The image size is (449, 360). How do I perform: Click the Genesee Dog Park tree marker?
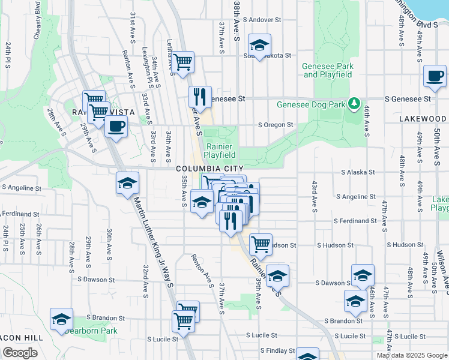point(355,104)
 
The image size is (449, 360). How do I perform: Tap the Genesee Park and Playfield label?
point(327,70)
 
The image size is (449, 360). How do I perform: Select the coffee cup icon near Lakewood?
point(434,76)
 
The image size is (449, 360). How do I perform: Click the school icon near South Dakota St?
point(259,45)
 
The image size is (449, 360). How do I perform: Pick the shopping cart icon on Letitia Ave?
point(183,61)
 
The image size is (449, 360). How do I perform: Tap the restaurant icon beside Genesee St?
point(200,96)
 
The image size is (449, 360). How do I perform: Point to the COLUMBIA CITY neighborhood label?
point(210,169)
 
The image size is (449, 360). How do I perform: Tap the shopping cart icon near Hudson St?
point(261,244)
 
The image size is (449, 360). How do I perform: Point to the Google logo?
point(20,353)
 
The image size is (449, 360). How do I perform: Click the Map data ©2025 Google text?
point(411,355)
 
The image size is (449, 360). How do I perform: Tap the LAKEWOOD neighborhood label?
point(423,119)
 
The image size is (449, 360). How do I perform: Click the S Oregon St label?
point(275,125)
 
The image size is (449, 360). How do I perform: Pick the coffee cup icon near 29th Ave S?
point(116,127)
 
